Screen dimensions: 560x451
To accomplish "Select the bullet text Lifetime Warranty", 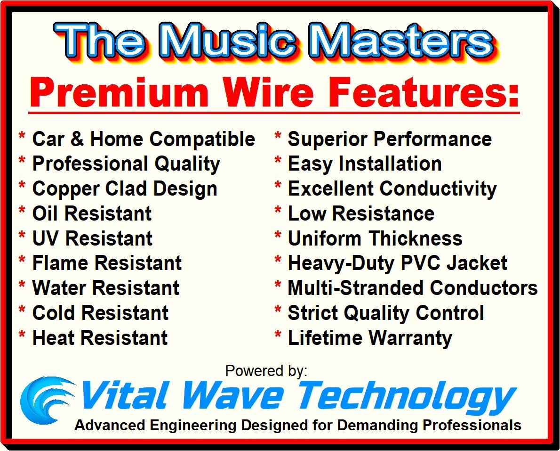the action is [370, 338].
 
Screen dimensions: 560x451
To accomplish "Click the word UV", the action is [46, 238].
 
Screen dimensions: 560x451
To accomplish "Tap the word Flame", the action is [60, 263].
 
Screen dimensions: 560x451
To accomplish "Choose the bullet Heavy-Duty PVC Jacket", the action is [398, 263].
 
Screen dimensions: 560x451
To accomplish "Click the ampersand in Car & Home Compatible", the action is [77, 139].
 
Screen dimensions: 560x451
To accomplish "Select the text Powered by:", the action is [266, 370].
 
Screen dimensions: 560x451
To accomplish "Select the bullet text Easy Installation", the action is [365, 164].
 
